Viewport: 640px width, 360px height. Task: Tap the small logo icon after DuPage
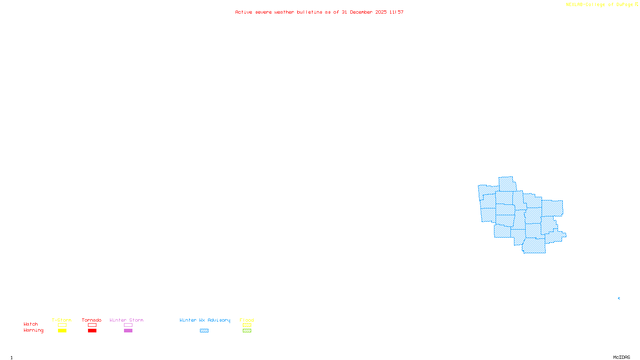pyautogui.click(x=636, y=4)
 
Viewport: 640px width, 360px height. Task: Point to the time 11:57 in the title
pyautogui.click(x=396, y=12)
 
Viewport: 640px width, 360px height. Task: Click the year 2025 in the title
pyautogui.click(x=381, y=12)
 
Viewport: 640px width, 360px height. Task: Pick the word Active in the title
pyautogui.click(x=244, y=12)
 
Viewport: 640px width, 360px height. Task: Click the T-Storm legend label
pyautogui.click(x=62, y=320)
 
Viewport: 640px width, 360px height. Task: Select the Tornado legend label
pyautogui.click(x=92, y=320)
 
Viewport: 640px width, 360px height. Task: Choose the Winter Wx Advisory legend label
pyautogui.click(x=205, y=320)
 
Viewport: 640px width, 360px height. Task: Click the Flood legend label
pyautogui.click(x=247, y=320)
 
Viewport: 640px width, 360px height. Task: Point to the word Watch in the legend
pyautogui.click(x=31, y=324)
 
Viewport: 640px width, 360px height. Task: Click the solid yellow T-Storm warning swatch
pyautogui.click(x=62, y=331)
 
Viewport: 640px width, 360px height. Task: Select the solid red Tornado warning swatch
pyautogui.click(x=92, y=331)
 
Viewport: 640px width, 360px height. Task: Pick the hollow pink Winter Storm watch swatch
pyautogui.click(x=128, y=325)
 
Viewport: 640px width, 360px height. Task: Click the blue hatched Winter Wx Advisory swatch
pyautogui.click(x=204, y=331)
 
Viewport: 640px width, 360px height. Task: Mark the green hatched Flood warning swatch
pyautogui.click(x=247, y=331)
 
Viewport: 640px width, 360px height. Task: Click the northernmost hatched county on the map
pyautogui.click(x=507, y=184)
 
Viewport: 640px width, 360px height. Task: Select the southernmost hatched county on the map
pyautogui.click(x=534, y=246)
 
